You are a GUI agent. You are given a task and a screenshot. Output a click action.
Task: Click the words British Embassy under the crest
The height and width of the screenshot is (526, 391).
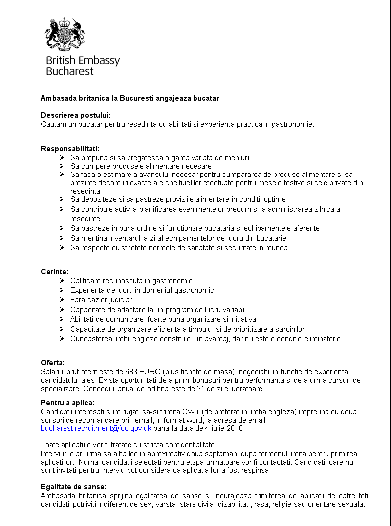pyautogui.click(x=82, y=61)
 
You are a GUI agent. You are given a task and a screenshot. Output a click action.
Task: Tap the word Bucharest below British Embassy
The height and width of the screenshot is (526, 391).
pyautogui.click(x=69, y=71)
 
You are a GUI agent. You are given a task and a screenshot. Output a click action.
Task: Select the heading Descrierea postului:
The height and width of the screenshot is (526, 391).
pyautogui.click(x=75, y=115)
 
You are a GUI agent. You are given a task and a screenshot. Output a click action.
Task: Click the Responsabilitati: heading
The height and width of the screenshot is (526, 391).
pyautogui.click(x=70, y=149)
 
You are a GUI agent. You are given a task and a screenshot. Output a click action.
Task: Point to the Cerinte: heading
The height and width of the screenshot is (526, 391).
pyautogui.click(x=55, y=271)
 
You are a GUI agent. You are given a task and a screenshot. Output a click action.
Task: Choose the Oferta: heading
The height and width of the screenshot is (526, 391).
pyautogui.click(x=53, y=363)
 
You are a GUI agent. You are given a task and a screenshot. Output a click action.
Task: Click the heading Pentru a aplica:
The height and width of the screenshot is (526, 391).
pyautogui.click(x=67, y=403)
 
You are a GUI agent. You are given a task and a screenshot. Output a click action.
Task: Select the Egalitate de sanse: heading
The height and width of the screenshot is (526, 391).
pyautogui.click(x=73, y=487)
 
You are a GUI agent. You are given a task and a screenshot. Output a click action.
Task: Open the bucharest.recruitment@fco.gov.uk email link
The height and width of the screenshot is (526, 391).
pyautogui.click(x=96, y=428)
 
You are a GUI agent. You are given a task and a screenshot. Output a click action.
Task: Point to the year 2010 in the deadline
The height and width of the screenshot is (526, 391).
pyautogui.click(x=235, y=428)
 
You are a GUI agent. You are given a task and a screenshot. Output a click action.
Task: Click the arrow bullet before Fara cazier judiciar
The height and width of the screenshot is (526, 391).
pyautogui.click(x=61, y=300)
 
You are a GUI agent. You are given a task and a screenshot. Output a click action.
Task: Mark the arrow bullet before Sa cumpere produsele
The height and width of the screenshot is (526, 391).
pyautogui.click(x=61, y=166)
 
